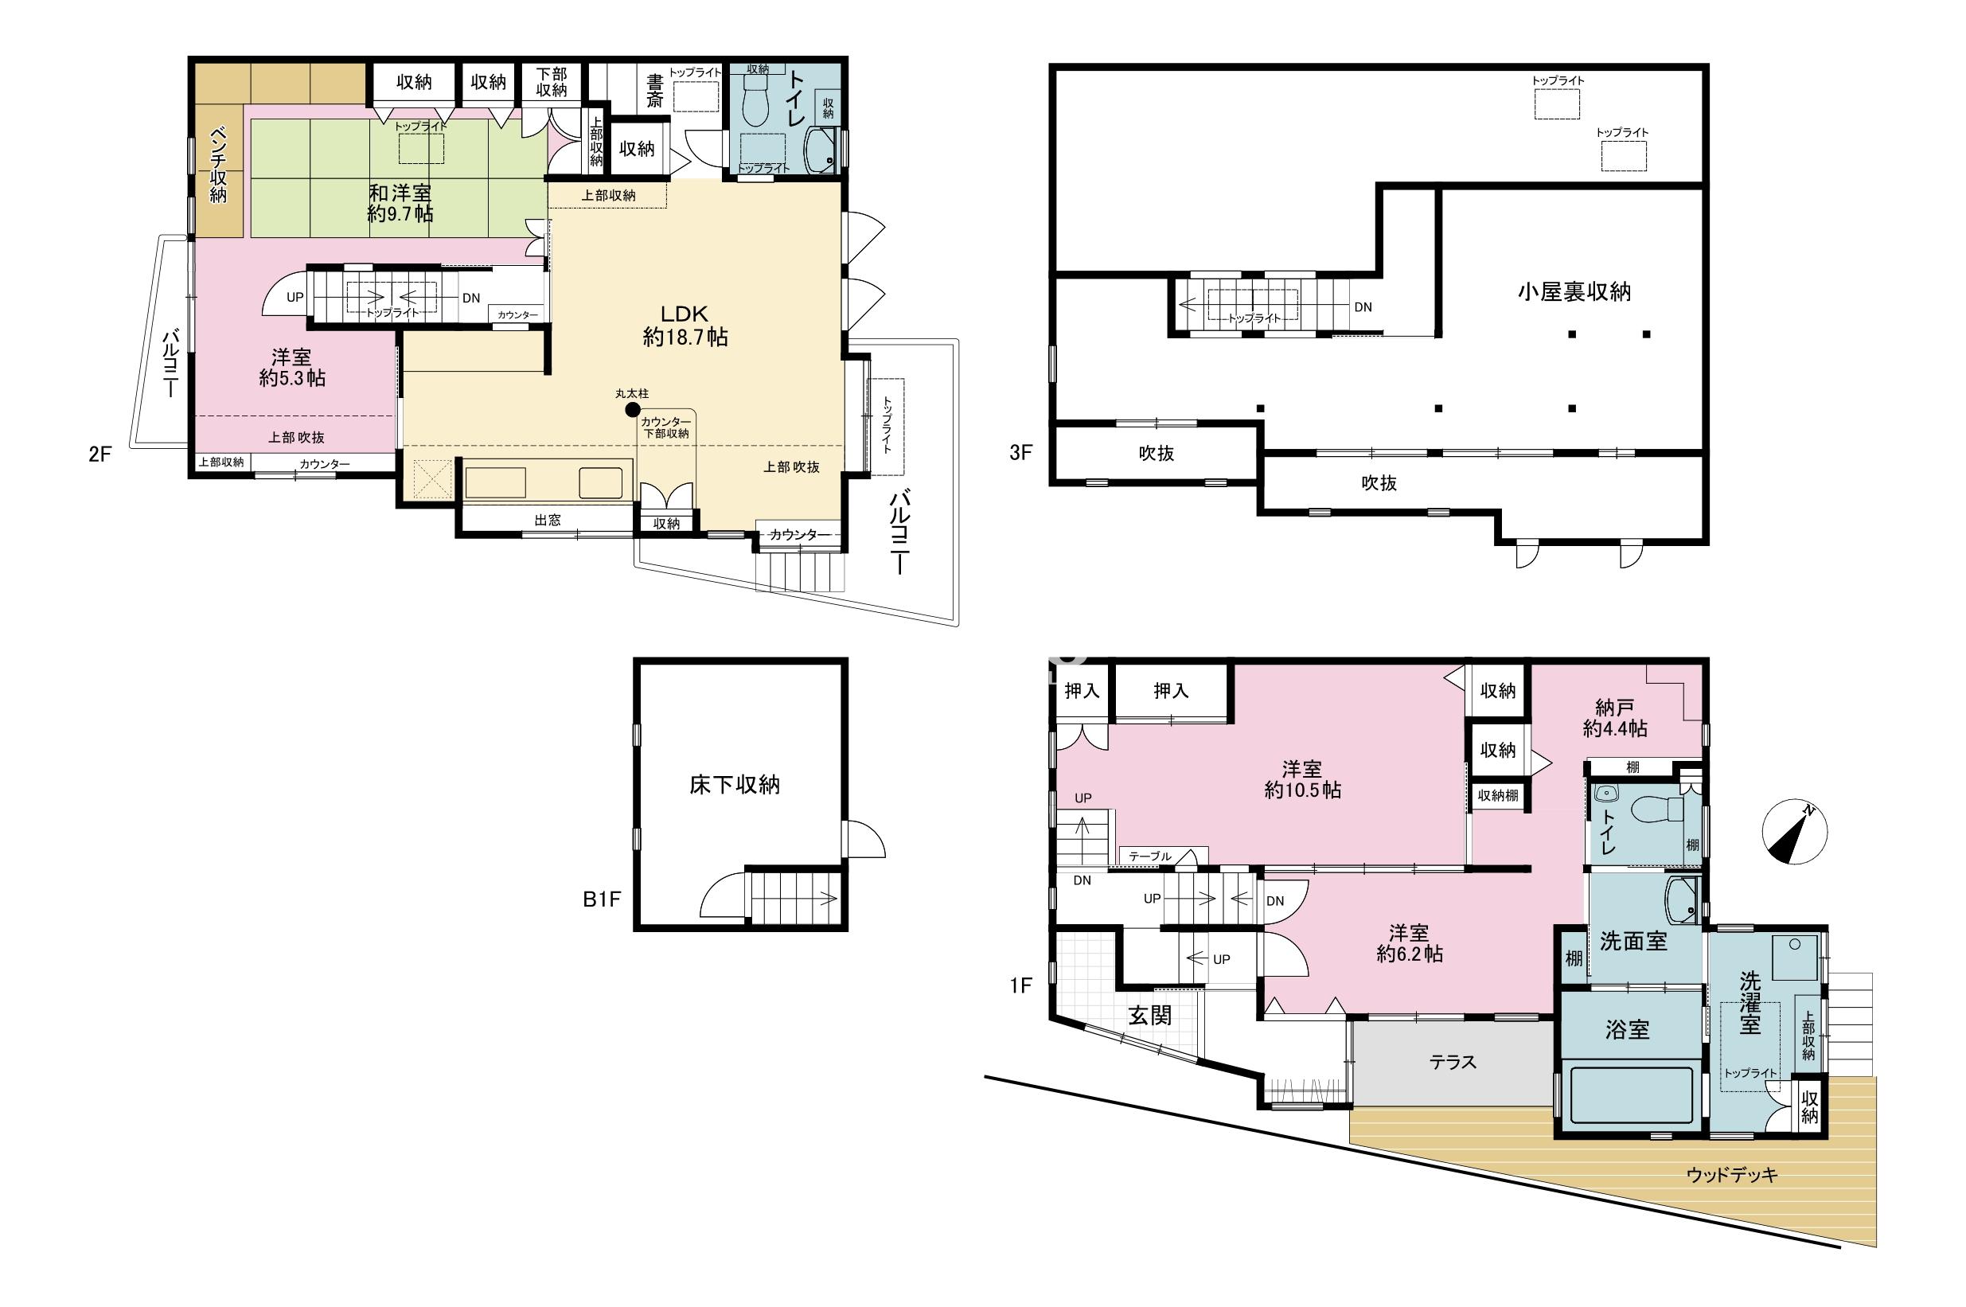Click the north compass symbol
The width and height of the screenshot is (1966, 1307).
[1794, 833]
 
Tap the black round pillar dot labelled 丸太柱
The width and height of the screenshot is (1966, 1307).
[633, 409]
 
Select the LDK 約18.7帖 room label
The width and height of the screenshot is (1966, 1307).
[685, 325]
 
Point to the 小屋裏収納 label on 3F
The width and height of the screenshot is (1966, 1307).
[1574, 292]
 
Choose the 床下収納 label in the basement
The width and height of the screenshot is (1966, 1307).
[734, 784]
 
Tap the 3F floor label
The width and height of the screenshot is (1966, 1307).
[1021, 453]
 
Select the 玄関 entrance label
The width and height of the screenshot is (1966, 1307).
[1150, 1015]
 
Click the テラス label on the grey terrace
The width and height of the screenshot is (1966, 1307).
[1453, 1062]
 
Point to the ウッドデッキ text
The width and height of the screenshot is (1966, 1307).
[1732, 1176]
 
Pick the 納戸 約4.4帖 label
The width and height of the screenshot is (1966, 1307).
[1614, 718]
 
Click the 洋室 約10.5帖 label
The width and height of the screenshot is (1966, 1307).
[1303, 779]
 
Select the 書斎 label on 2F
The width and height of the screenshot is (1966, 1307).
[656, 91]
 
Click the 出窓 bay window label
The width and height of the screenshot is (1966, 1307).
[548, 520]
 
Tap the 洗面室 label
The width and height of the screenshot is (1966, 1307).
[1633, 941]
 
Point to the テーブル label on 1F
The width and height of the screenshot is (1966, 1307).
[1150, 856]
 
